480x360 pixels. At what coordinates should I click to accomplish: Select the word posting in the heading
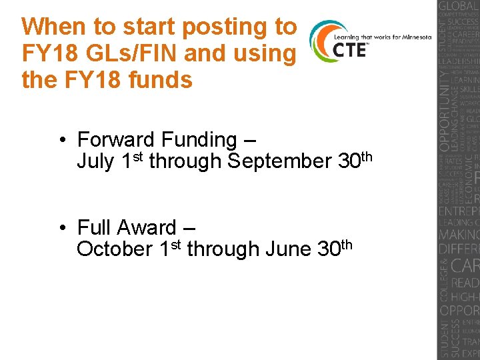coord(203,27)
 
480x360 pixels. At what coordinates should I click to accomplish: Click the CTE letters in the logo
coord(349,50)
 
